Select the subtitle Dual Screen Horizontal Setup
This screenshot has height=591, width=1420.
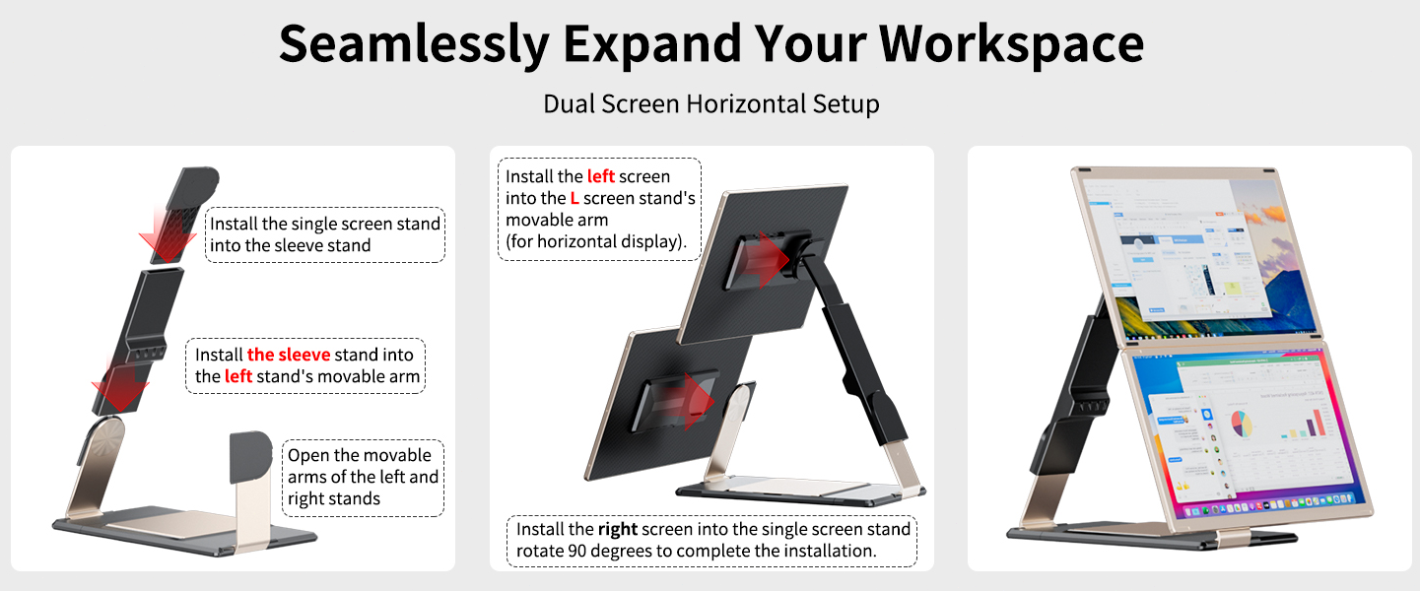[x=710, y=102]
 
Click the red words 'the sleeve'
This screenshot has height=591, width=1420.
[x=289, y=355]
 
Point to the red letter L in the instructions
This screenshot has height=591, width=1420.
[x=575, y=198]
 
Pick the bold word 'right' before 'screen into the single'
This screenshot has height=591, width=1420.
[x=618, y=529]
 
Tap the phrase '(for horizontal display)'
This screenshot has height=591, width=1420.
[x=596, y=241]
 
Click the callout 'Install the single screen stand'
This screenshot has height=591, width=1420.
[x=324, y=234]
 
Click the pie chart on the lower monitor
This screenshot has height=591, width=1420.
[x=1241, y=425]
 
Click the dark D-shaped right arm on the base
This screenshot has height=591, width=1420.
[x=250, y=458]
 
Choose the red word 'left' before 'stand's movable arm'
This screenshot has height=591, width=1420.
[x=238, y=376]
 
